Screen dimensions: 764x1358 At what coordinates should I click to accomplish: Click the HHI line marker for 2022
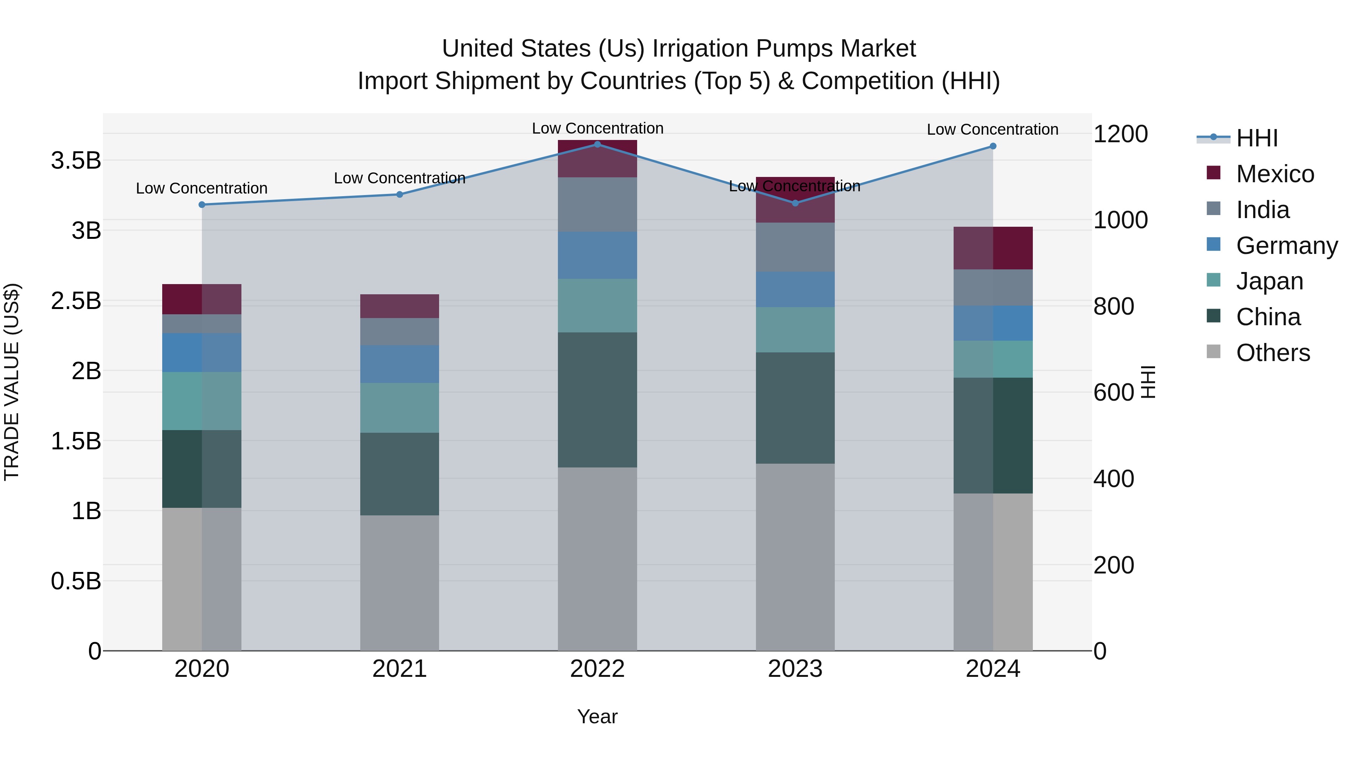pyautogui.click(x=597, y=144)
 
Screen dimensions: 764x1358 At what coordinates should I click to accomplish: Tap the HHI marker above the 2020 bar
pyautogui.click(x=202, y=204)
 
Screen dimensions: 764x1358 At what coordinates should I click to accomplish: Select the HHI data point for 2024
pyautogui.click(x=993, y=146)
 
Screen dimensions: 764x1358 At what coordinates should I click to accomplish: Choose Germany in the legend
pyautogui.click(x=1286, y=246)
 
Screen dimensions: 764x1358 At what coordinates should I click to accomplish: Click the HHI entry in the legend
pyautogui.click(x=1257, y=138)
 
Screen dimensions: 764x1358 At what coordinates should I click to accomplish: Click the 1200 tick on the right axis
pyautogui.click(x=1120, y=134)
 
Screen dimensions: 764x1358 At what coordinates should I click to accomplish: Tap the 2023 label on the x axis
pyautogui.click(x=795, y=669)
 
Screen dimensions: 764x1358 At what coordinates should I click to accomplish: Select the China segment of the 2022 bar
pyautogui.click(x=597, y=400)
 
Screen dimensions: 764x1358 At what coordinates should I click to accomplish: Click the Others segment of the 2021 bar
pyautogui.click(x=399, y=583)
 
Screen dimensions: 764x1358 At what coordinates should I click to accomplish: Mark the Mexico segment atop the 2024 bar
pyautogui.click(x=993, y=248)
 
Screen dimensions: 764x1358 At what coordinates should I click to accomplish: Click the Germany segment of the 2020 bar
pyautogui.click(x=202, y=352)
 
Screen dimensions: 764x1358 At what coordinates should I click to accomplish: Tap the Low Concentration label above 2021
pyautogui.click(x=399, y=178)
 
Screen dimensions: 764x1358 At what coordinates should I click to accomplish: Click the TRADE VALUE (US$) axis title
pyautogui.click(x=12, y=382)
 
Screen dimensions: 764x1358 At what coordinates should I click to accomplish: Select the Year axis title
pyautogui.click(x=597, y=716)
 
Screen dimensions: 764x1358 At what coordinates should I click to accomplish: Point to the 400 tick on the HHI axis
pyautogui.click(x=1114, y=479)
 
